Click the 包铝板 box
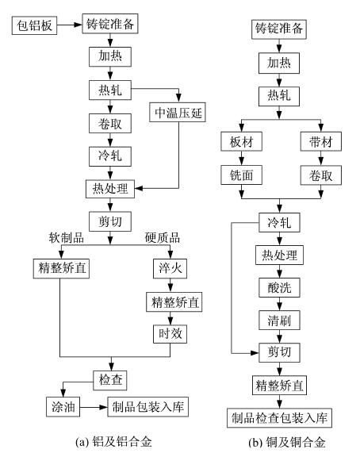34,25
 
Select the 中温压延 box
178,112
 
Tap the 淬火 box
170,268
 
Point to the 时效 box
170,334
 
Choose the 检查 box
110,380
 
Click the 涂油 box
63,406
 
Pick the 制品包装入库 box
148,406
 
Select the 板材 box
242,142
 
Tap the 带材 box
321,142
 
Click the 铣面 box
242,175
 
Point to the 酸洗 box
279,288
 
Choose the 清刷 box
279,321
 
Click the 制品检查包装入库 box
279,418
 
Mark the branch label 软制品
66,238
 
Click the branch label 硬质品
163,238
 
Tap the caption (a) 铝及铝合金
113,442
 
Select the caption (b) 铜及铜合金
287,443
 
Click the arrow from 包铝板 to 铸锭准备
70,25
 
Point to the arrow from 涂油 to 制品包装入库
94,407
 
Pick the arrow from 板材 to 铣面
242,158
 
